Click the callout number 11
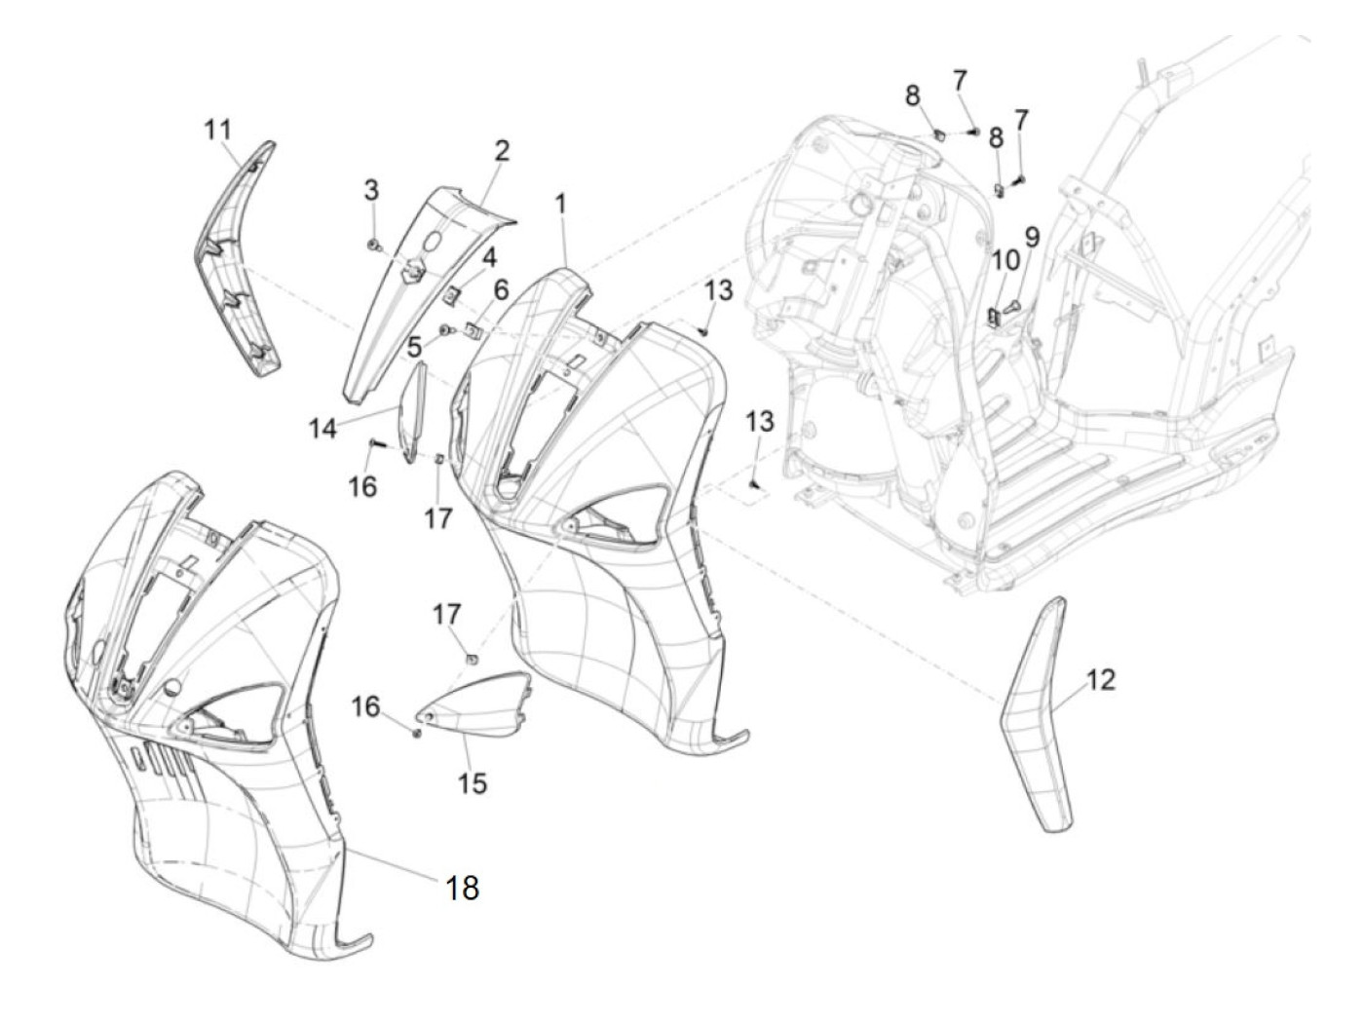(217, 129)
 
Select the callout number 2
(501, 151)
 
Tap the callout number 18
(462, 888)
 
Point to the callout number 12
(1100, 680)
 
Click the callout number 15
(473, 782)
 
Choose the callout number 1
(561, 205)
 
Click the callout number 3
(371, 190)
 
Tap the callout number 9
(1031, 236)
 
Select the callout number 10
(1004, 260)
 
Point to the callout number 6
(501, 289)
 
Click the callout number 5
(415, 346)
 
